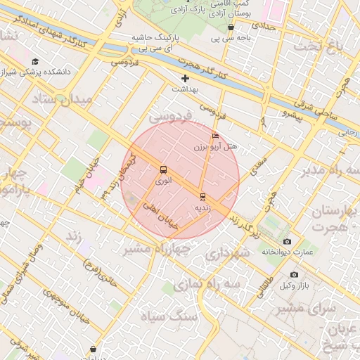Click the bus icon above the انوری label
coord(164,169)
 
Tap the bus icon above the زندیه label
coord(202,196)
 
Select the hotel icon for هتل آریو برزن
coord(215,136)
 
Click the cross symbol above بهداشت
coord(185,78)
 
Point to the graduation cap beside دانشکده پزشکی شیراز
coord(35,62)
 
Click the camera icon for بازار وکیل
coord(294,275)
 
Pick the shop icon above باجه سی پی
coord(231,27)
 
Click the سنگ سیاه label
coord(181,316)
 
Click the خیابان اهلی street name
coord(161,215)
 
